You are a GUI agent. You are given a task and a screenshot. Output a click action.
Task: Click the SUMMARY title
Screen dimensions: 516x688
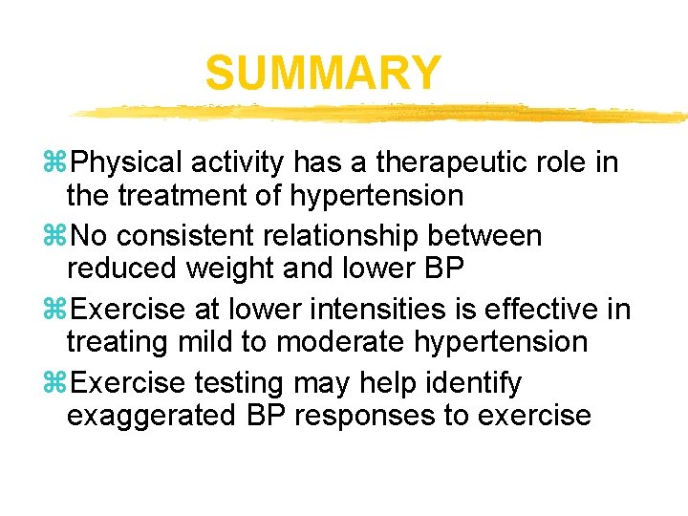click(x=323, y=74)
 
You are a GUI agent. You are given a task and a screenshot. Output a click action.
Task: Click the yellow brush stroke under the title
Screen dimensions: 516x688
click(x=382, y=113)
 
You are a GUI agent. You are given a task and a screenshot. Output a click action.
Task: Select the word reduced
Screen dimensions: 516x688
click(x=117, y=269)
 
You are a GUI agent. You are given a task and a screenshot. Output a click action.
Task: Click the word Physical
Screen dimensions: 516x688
click(x=124, y=163)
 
